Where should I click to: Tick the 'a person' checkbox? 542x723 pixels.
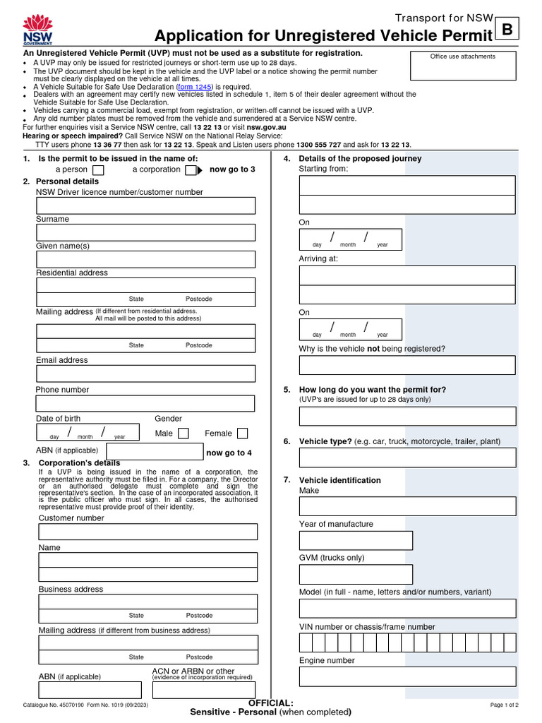[99, 170]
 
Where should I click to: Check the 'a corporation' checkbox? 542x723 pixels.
[191, 170]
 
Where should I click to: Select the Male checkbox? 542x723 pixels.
[183, 434]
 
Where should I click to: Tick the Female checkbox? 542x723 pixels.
[242, 434]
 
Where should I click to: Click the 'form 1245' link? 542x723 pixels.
[194, 87]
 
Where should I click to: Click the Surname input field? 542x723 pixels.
[145, 232]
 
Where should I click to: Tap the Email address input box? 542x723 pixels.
[145, 374]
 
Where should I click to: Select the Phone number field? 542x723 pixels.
[145, 403]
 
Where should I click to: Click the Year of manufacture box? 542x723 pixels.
[356, 540]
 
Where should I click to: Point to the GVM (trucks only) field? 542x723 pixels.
[356, 574]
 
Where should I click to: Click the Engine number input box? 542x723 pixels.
[407, 676]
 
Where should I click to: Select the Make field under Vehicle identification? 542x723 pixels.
[407, 506]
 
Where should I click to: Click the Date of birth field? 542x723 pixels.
[86, 433]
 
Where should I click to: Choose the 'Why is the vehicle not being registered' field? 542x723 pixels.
[407, 365]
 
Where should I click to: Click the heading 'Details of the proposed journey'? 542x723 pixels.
[360, 158]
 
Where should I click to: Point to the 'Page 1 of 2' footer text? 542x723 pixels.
[504, 705]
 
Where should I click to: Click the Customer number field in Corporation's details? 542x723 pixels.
[147, 532]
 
